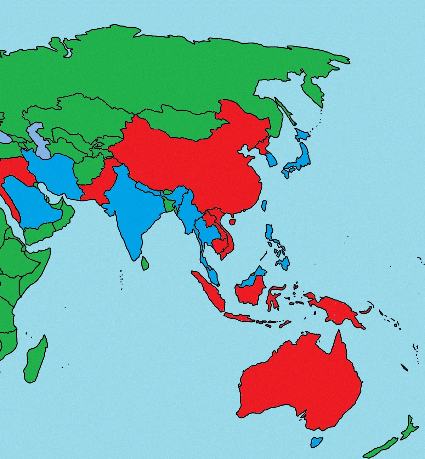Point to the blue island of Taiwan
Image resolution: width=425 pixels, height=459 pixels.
coord(264,205)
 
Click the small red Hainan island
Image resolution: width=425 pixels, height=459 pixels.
coord(232,221)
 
